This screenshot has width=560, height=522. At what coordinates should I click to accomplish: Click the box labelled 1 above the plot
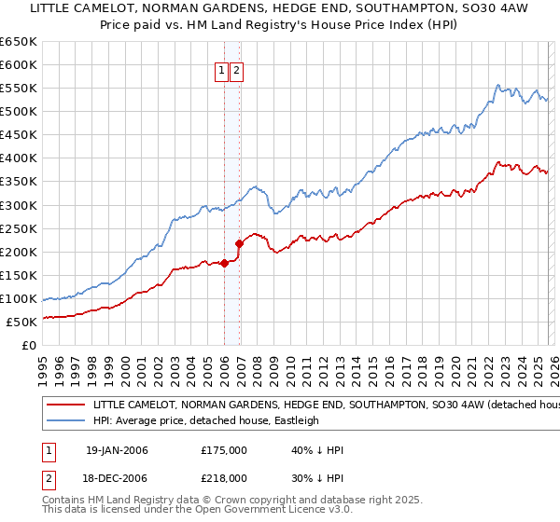coord(222,71)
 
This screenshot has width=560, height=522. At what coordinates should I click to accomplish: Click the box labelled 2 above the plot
coord(236,71)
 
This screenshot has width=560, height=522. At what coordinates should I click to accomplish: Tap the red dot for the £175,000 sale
coord(225,263)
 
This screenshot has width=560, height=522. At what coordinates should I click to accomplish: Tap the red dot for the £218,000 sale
coord(240,243)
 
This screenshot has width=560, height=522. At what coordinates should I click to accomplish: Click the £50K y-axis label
coord(22,322)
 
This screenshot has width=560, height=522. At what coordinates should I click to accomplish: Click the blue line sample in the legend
coord(65,420)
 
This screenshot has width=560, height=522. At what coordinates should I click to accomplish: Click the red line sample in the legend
coord(65,405)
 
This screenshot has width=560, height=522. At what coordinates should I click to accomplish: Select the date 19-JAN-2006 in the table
coord(117,450)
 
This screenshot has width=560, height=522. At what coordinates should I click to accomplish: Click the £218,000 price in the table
coord(224,477)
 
